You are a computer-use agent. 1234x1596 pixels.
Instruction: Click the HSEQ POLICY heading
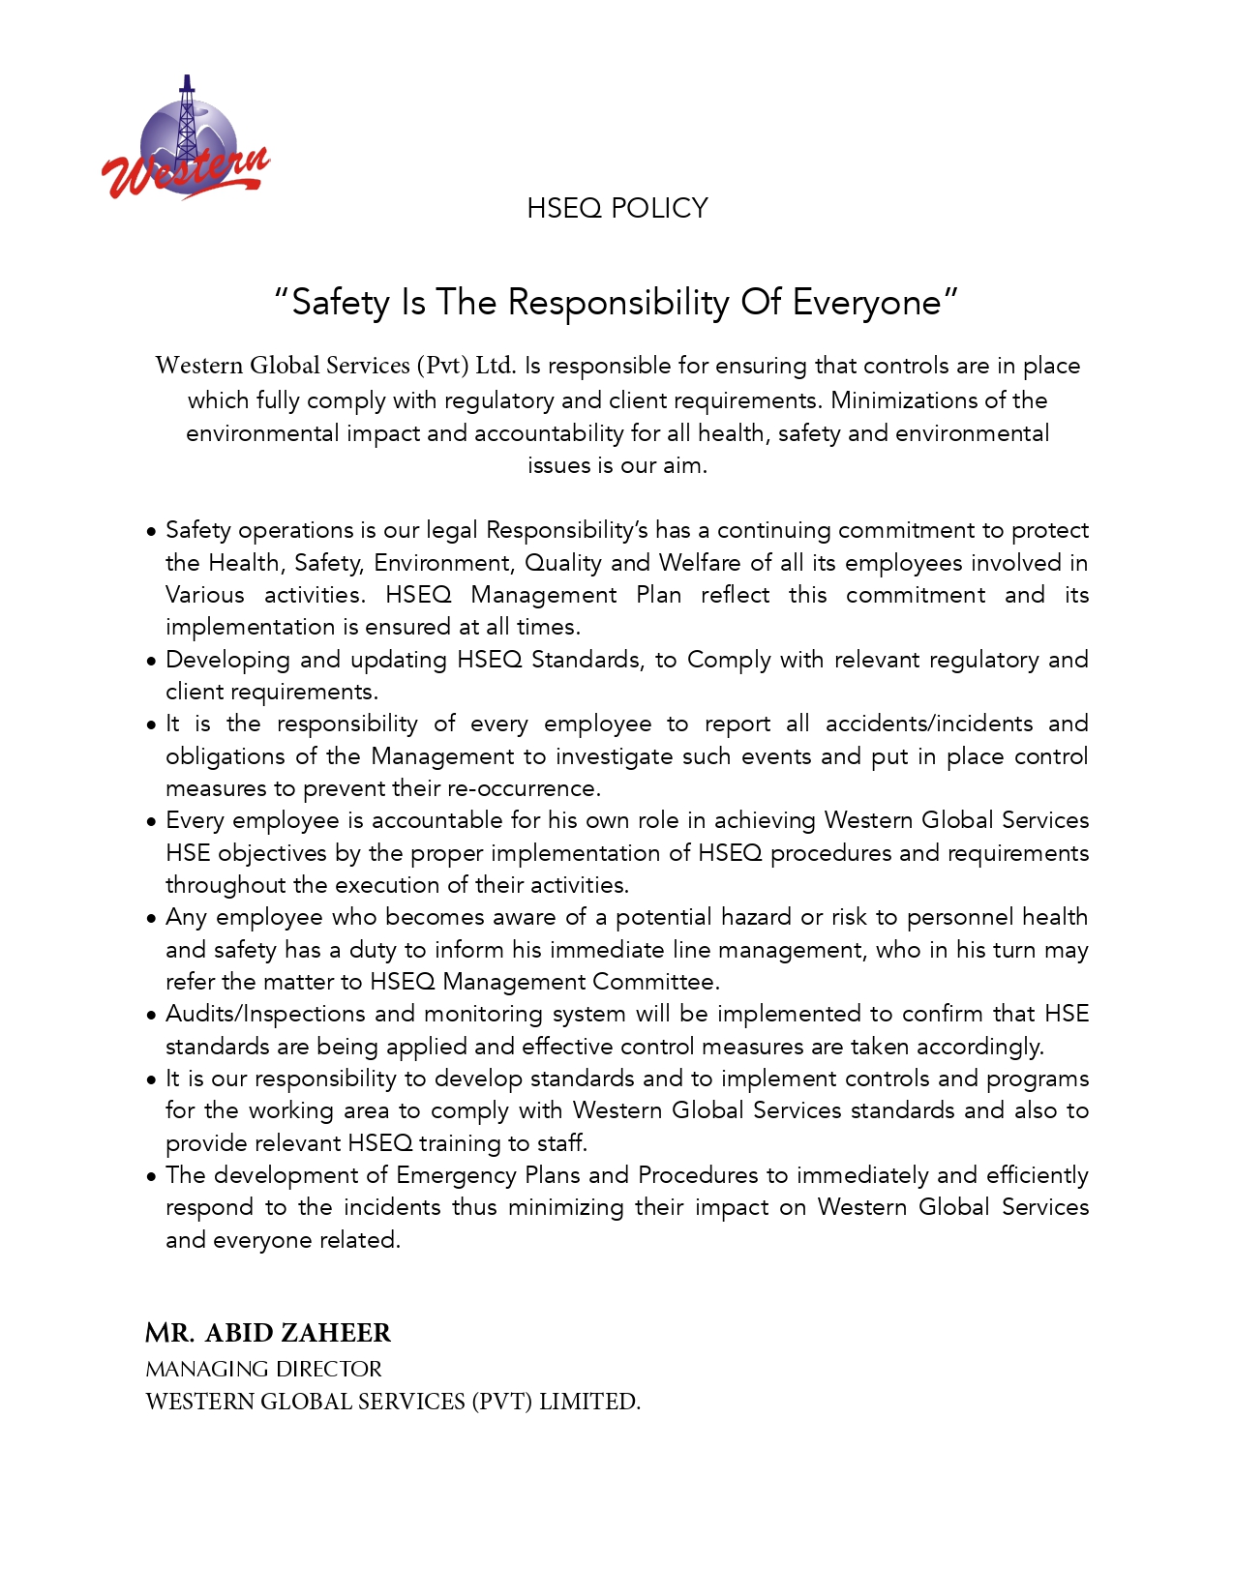coord(617,208)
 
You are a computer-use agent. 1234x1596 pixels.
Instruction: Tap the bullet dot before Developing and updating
coord(151,662)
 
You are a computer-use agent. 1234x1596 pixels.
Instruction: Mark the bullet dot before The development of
coord(151,1177)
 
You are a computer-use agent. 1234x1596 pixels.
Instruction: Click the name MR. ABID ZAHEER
coord(268,1333)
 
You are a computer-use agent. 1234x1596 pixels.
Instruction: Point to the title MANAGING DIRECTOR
coord(263,1369)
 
